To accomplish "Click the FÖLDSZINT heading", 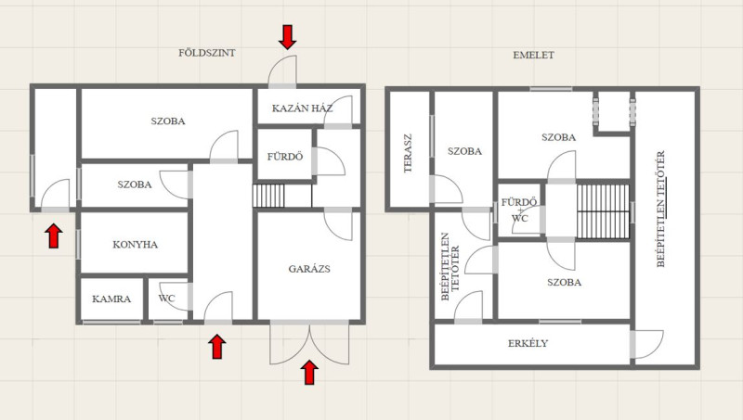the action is pyautogui.click(x=206, y=53).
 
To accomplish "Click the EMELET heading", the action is pyautogui.click(x=533, y=55).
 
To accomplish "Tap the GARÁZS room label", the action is pyautogui.click(x=309, y=269).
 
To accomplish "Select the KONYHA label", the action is pyautogui.click(x=135, y=245).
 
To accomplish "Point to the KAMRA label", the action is pyautogui.click(x=111, y=299).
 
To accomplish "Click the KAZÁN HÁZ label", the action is pyautogui.click(x=303, y=108).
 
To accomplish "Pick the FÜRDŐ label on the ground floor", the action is pyautogui.click(x=285, y=157).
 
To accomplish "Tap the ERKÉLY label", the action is pyautogui.click(x=528, y=343).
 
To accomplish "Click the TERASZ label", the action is pyautogui.click(x=408, y=153).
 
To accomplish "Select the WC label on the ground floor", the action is pyautogui.click(x=166, y=299).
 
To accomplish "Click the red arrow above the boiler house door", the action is pyautogui.click(x=288, y=37).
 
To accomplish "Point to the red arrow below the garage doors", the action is pyautogui.click(x=309, y=372).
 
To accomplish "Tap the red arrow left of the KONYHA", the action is pyautogui.click(x=54, y=235).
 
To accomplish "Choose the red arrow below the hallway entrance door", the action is pyautogui.click(x=217, y=347).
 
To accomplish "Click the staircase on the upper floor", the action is pyautogui.click(x=603, y=211).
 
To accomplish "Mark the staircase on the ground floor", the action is pyautogui.click(x=268, y=196).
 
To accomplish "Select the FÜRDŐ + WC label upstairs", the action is pyautogui.click(x=519, y=210).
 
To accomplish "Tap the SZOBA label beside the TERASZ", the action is pyautogui.click(x=465, y=151).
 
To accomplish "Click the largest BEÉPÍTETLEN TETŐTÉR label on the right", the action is pyautogui.click(x=661, y=209).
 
